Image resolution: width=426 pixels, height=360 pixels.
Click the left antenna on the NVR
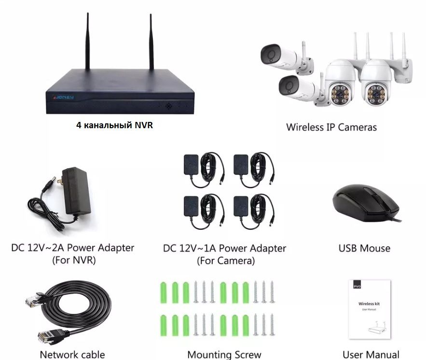click(87, 41)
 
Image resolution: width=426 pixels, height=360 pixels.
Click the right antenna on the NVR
click(151, 41)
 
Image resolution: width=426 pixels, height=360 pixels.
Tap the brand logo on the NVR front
click(63, 97)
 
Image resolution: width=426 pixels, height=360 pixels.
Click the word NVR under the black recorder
click(144, 125)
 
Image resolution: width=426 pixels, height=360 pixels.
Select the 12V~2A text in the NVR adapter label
click(46, 248)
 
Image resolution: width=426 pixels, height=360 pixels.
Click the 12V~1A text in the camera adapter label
click(198, 248)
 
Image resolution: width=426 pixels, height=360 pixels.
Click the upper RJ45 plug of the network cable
click(33, 300)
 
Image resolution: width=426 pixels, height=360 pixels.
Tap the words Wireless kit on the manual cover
click(369, 304)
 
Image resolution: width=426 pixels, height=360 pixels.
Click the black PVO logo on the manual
click(357, 286)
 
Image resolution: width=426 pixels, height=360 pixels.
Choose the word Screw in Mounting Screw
click(248, 355)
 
